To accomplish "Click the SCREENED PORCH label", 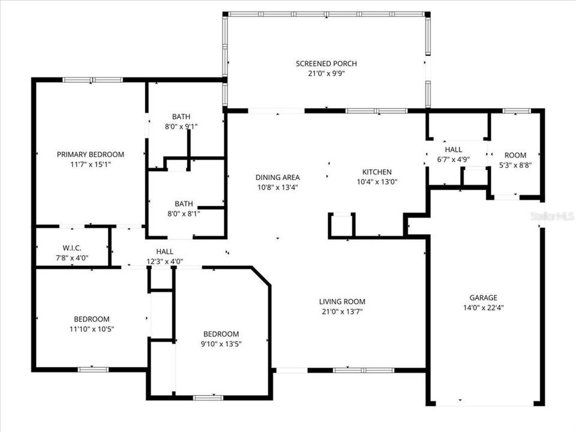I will tap(326, 64).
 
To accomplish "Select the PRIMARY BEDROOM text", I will tap(91, 154).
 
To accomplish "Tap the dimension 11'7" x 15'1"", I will tap(91, 164).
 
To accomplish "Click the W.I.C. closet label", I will tap(71, 248).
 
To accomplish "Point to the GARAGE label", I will tap(483, 298).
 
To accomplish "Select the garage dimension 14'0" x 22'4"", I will tap(483, 308).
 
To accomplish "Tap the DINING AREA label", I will tap(277, 177).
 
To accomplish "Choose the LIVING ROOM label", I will tap(342, 302).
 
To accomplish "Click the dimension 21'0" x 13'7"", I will tap(342, 311).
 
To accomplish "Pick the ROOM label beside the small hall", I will tap(515, 155).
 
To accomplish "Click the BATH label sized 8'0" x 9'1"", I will tap(181, 117).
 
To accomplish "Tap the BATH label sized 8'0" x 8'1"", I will tap(184, 203).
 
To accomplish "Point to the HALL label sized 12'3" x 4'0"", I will tap(164, 252).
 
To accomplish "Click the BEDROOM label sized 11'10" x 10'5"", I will tap(92, 319).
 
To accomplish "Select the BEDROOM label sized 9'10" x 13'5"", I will tap(221, 334).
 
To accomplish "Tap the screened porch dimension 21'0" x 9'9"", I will tap(326, 74).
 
